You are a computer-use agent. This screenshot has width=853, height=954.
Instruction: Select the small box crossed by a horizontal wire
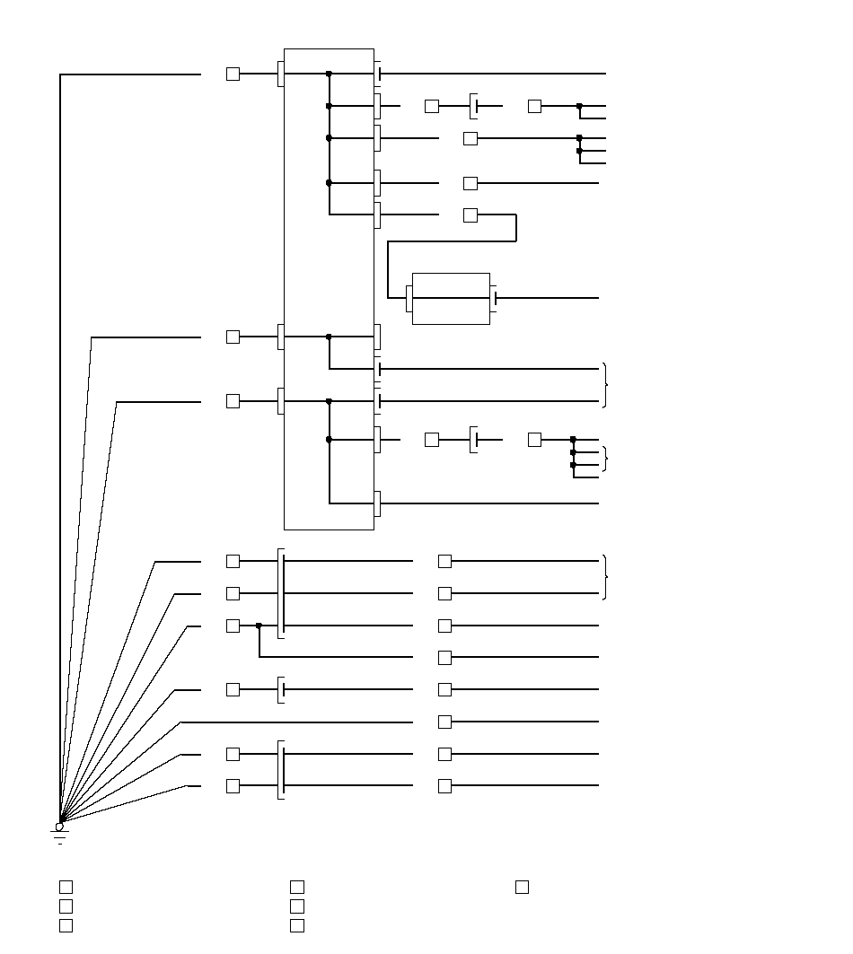pos(451,298)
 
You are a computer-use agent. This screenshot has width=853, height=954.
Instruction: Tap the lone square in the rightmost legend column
pos(522,888)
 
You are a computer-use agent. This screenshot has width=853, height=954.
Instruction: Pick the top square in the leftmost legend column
pos(66,888)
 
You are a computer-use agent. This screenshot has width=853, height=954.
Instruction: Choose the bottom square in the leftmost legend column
pos(66,925)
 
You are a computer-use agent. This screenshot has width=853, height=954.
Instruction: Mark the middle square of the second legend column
pos(297,906)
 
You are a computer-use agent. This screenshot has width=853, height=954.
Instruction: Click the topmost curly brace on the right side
pos(606,384)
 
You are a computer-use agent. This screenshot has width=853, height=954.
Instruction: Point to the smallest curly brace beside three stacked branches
pos(606,459)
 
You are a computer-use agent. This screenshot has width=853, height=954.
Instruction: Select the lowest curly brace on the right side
pos(606,577)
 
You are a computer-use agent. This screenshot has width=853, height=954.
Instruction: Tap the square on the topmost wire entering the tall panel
pos(233,74)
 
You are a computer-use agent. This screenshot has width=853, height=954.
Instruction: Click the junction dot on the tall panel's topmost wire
pos(329,74)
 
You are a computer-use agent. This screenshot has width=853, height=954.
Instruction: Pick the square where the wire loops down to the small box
pos(470,215)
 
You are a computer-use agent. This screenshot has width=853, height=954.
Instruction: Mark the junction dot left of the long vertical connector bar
pos(259,626)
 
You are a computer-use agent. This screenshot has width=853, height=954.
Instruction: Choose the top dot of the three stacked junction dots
pos(573,440)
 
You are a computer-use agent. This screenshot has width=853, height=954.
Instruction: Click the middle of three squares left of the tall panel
pos(233,337)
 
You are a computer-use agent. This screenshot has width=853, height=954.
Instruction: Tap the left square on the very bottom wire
pos(233,786)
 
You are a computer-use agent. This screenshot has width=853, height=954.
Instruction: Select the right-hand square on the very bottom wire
pos(444,786)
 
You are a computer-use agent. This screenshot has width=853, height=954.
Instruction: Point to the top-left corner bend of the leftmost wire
pos(60,74)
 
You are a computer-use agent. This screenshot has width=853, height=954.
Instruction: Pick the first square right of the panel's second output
pos(432,106)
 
